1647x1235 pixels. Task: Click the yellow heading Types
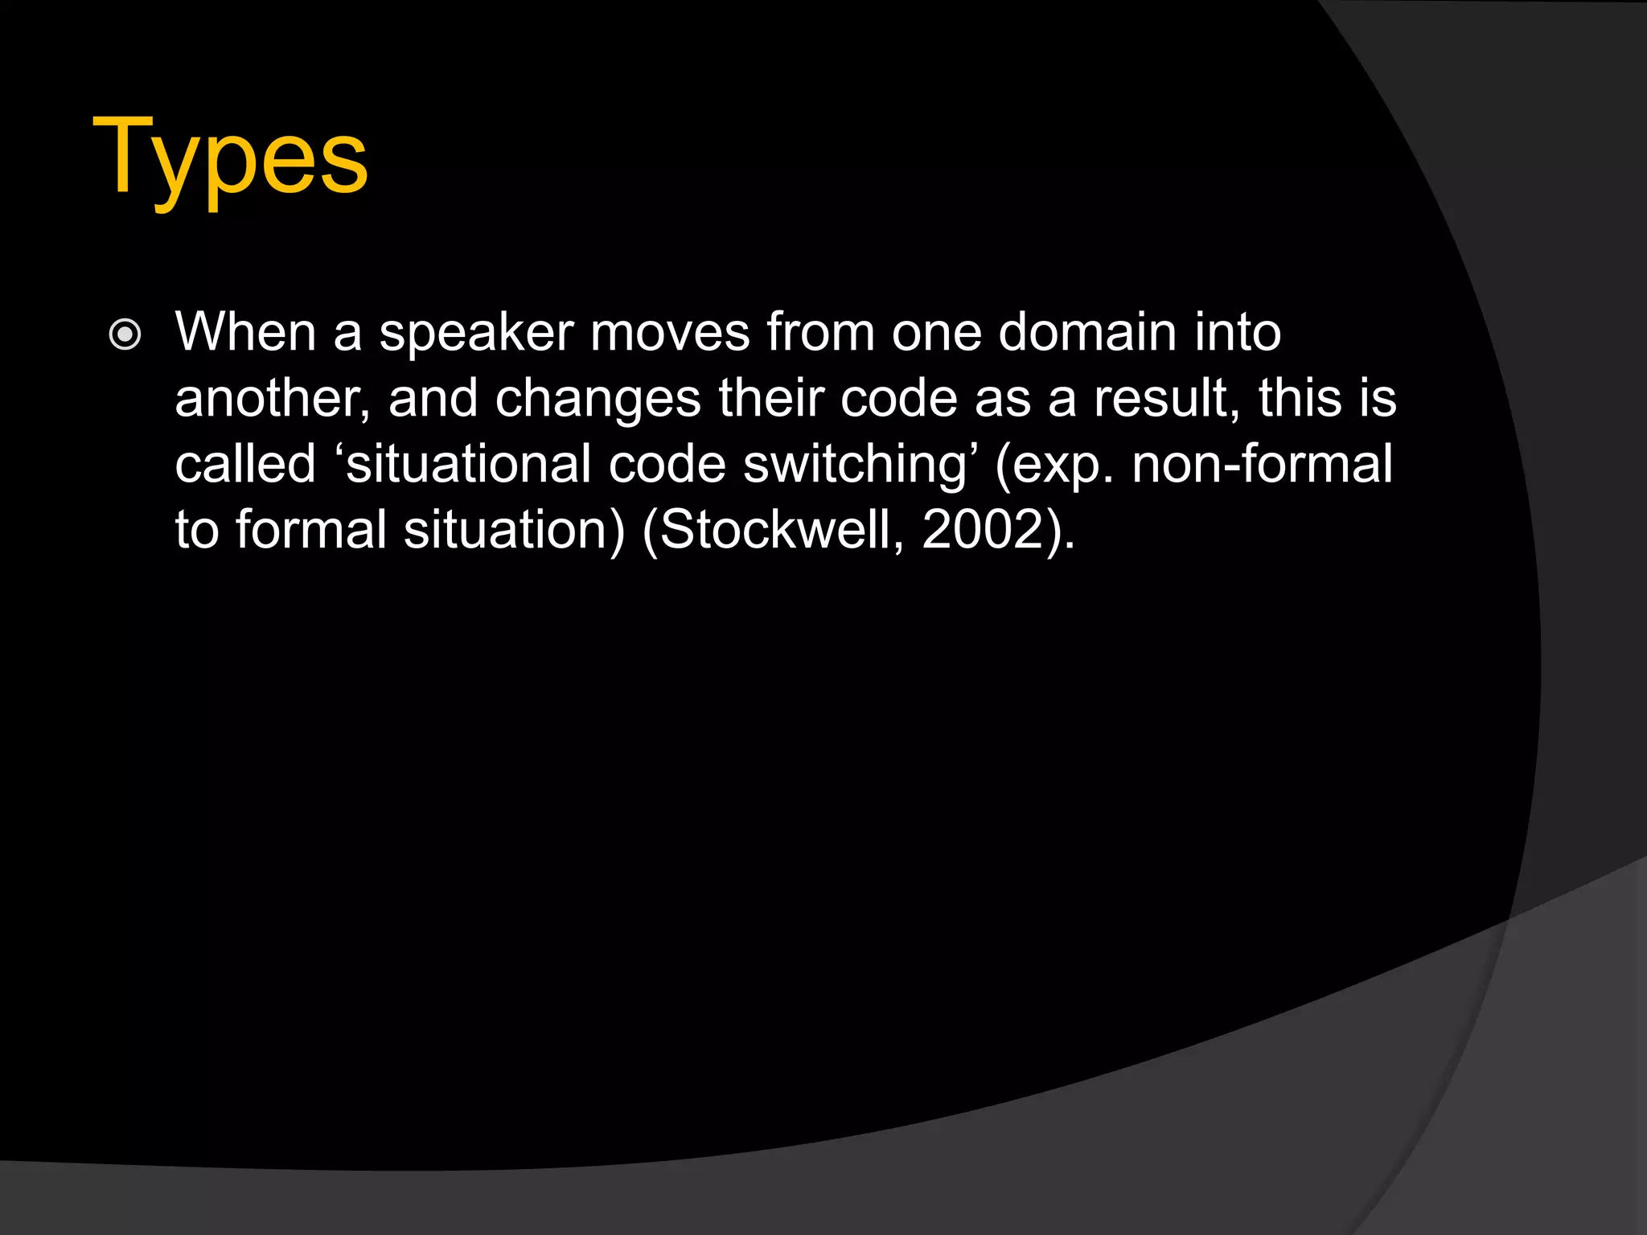click(230, 158)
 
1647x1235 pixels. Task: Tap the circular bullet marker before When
click(125, 334)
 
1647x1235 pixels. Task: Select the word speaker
click(476, 333)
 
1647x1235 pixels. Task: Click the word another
click(271, 399)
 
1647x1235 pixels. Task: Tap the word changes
click(598, 400)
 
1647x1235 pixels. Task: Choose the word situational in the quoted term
click(468, 465)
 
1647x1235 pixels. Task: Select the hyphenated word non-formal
click(1262, 464)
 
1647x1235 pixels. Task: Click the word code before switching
click(667, 464)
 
